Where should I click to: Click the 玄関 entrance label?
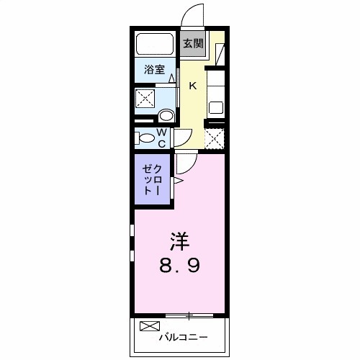192,43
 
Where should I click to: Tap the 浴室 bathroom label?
154,70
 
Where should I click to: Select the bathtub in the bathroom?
154,44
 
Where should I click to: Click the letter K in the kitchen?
192,86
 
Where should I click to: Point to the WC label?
162,138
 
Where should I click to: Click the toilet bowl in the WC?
145,138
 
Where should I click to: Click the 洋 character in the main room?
180,238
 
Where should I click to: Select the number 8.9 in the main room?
180,265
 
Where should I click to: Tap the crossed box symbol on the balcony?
148,325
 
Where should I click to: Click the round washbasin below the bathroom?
166,114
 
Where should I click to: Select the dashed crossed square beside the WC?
215,138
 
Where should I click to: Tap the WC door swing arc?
182,137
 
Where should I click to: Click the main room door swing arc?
184,165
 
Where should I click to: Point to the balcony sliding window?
189,315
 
